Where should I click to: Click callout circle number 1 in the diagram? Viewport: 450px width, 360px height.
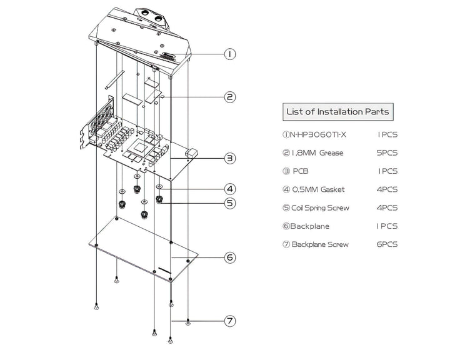[230, 54]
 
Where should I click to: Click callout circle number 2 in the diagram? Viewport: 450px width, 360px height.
[230, 97]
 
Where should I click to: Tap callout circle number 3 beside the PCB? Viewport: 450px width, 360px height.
[230, 158]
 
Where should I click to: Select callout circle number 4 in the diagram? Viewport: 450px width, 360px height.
[230, 188]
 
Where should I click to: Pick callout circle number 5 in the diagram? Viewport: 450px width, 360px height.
[230, 202]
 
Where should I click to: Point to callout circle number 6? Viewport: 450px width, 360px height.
[230, 257]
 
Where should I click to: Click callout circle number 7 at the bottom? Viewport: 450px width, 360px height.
[230, 321]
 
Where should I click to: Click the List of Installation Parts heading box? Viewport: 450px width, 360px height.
[337, 112]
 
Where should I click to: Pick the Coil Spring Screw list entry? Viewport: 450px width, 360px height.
[320, 207]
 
